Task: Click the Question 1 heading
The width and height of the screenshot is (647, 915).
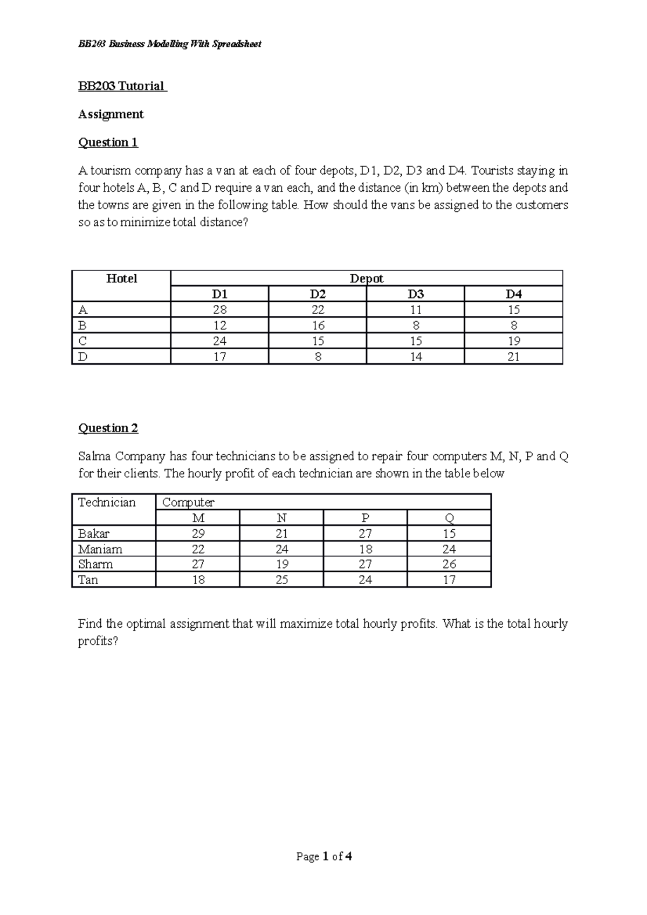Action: tap(108, 142)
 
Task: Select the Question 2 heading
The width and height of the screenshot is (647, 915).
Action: tap(108, 428)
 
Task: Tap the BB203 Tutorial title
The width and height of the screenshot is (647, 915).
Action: tap(122, 86)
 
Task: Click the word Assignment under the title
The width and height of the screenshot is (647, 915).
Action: tap(111, 114)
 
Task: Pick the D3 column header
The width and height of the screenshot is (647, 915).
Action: tap(416, 294)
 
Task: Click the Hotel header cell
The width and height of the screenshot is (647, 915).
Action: tap(121, 279)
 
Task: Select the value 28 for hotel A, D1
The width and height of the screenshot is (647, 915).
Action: tap(219, 310)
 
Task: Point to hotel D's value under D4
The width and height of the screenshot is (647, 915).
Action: tap(514, 357)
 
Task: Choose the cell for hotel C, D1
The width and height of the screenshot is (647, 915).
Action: tap(219, 341)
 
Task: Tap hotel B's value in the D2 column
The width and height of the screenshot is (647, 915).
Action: tap(318, 325)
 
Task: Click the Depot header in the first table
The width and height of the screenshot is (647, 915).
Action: tap(367, 279)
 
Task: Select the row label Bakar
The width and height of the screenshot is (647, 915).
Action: tap(94, 533)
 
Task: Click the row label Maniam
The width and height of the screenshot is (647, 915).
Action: tap(100, 549)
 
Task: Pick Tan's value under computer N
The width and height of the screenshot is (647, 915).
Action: tap(281, 580)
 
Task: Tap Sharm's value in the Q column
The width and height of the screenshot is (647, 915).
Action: tap(449, 564)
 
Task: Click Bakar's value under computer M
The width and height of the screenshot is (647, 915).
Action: tap(198, 533)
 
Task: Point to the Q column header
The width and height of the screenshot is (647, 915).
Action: tap(449, 518)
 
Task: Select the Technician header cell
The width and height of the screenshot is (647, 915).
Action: tap(107, 503)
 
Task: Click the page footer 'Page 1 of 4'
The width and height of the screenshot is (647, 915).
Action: tap(324, 856)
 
